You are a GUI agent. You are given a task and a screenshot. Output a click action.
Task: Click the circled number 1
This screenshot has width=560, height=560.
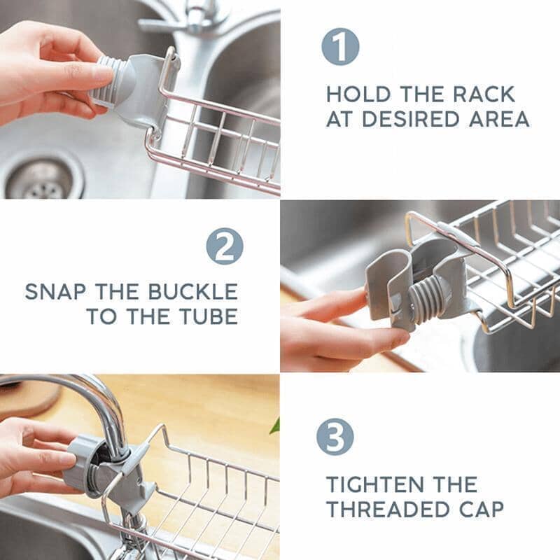[340, 48]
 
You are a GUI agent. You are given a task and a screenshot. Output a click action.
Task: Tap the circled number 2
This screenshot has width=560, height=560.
[225, 247]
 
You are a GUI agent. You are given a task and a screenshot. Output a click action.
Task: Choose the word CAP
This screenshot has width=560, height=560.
[481, 509]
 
